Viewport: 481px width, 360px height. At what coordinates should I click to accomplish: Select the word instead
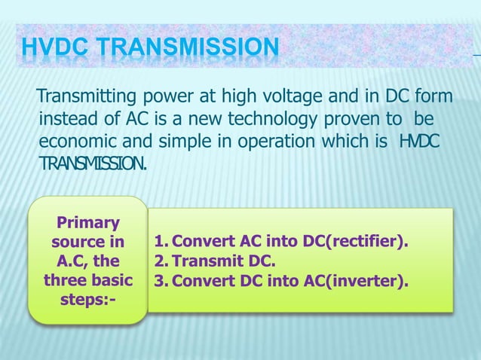[70, 121]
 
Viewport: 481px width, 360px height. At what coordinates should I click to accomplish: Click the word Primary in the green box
[87, 223]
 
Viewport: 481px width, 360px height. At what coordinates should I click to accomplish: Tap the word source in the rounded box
[76, 243]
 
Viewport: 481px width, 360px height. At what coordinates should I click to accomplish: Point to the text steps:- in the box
[87, 301]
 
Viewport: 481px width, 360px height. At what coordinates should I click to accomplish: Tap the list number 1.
[158, 243]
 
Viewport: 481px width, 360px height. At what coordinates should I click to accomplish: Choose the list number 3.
[158, 282]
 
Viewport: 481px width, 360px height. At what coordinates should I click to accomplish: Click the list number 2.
[158, 262]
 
